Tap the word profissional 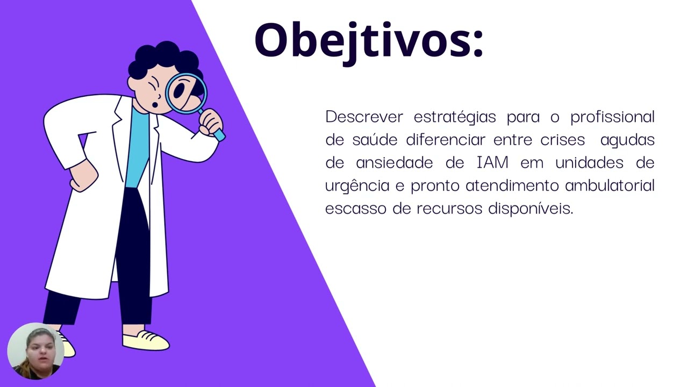click(612, 117)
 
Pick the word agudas click(627, 140)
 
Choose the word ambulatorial click(610, 186)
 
